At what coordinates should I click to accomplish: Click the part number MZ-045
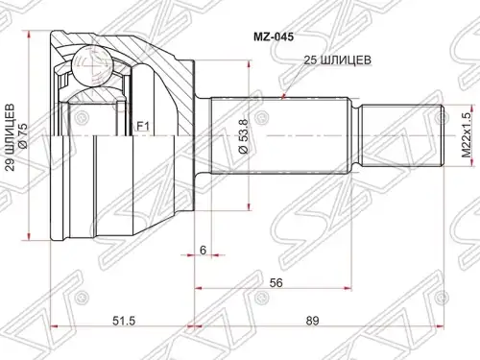click(274, 37)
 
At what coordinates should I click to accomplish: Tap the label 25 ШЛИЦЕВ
click(337, 60)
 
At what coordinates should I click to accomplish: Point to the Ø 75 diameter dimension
click(24, 136)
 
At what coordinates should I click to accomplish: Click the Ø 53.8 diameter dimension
click(243, 136)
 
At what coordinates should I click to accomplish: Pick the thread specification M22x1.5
click(467, 135)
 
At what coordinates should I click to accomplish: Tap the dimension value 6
click(203, 250)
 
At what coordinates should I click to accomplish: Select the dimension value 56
click(276, 282)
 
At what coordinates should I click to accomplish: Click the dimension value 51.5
click(124, 321)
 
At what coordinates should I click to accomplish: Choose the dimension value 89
click(312, 321)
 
